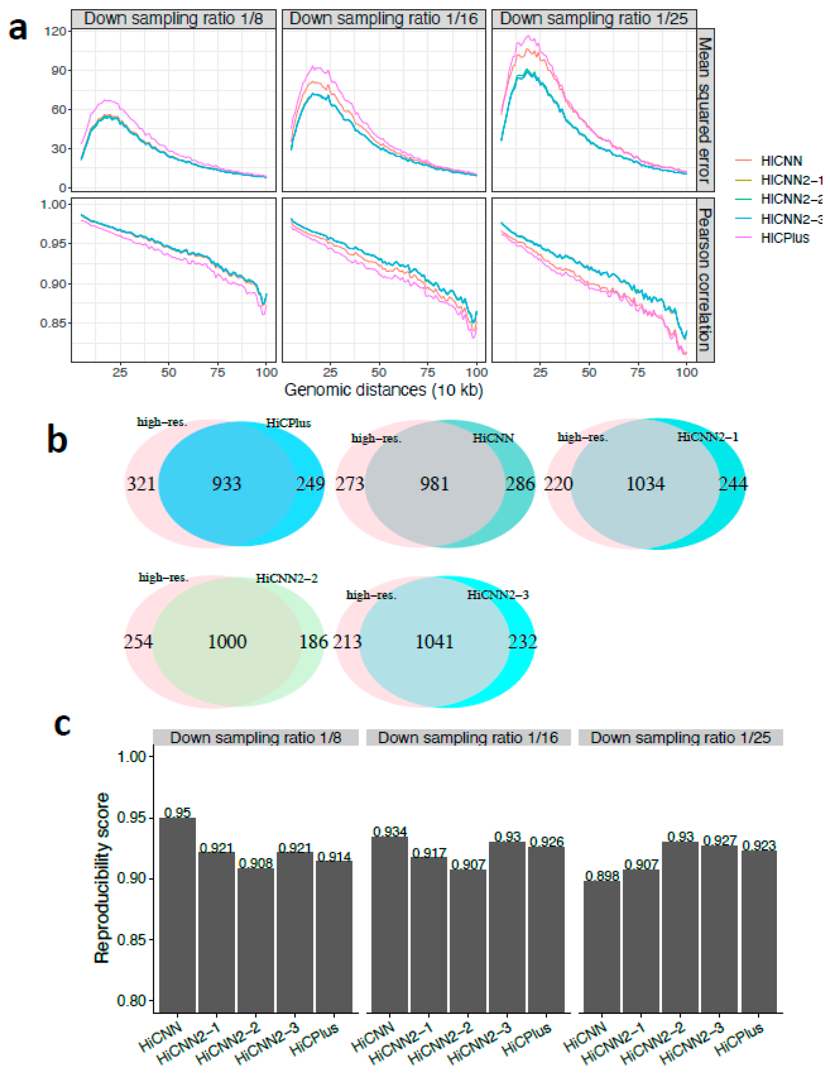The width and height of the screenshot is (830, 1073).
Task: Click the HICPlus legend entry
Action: [784, 238]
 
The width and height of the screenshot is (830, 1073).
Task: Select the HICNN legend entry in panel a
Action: [781, 161]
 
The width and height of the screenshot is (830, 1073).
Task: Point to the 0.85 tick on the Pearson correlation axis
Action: [53, 323]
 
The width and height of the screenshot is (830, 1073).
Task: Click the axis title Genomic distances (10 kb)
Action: [383, 390]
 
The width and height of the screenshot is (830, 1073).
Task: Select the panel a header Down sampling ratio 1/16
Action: [383, 19]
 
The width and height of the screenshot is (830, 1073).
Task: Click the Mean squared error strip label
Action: [705, 110]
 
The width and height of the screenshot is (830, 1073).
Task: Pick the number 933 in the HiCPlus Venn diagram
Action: [227, 484]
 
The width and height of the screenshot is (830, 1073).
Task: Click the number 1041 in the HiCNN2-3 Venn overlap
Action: [434, 642]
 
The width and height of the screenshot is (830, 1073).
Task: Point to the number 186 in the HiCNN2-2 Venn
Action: [313, 642]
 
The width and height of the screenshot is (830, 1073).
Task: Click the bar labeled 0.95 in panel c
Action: [177, 914]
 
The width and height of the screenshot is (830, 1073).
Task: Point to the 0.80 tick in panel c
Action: [132, 1001]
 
